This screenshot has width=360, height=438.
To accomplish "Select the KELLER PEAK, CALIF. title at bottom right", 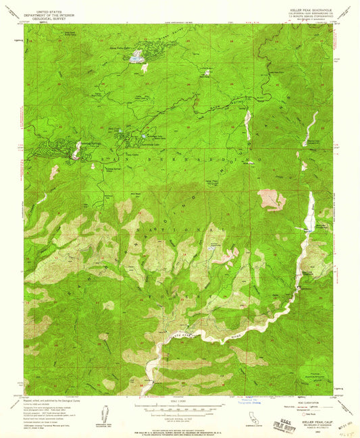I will tap(310, 418).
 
